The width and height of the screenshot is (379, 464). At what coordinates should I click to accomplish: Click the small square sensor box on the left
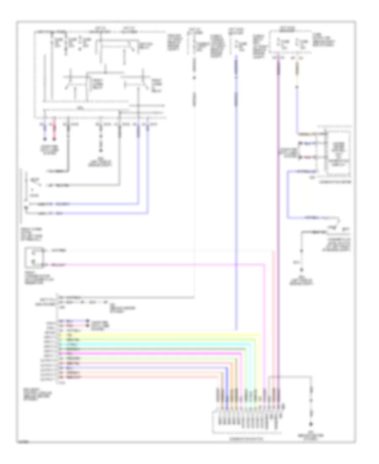pyautogui.click(x=33, y=259)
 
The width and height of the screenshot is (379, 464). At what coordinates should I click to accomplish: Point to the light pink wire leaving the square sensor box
pyautogui.click(x=160, y=265)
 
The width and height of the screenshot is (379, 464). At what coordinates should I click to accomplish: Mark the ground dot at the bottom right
pyautogui.click(x=312, y=425)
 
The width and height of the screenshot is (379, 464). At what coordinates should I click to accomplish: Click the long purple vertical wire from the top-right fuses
pyautogui.click(x=278, y=211)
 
